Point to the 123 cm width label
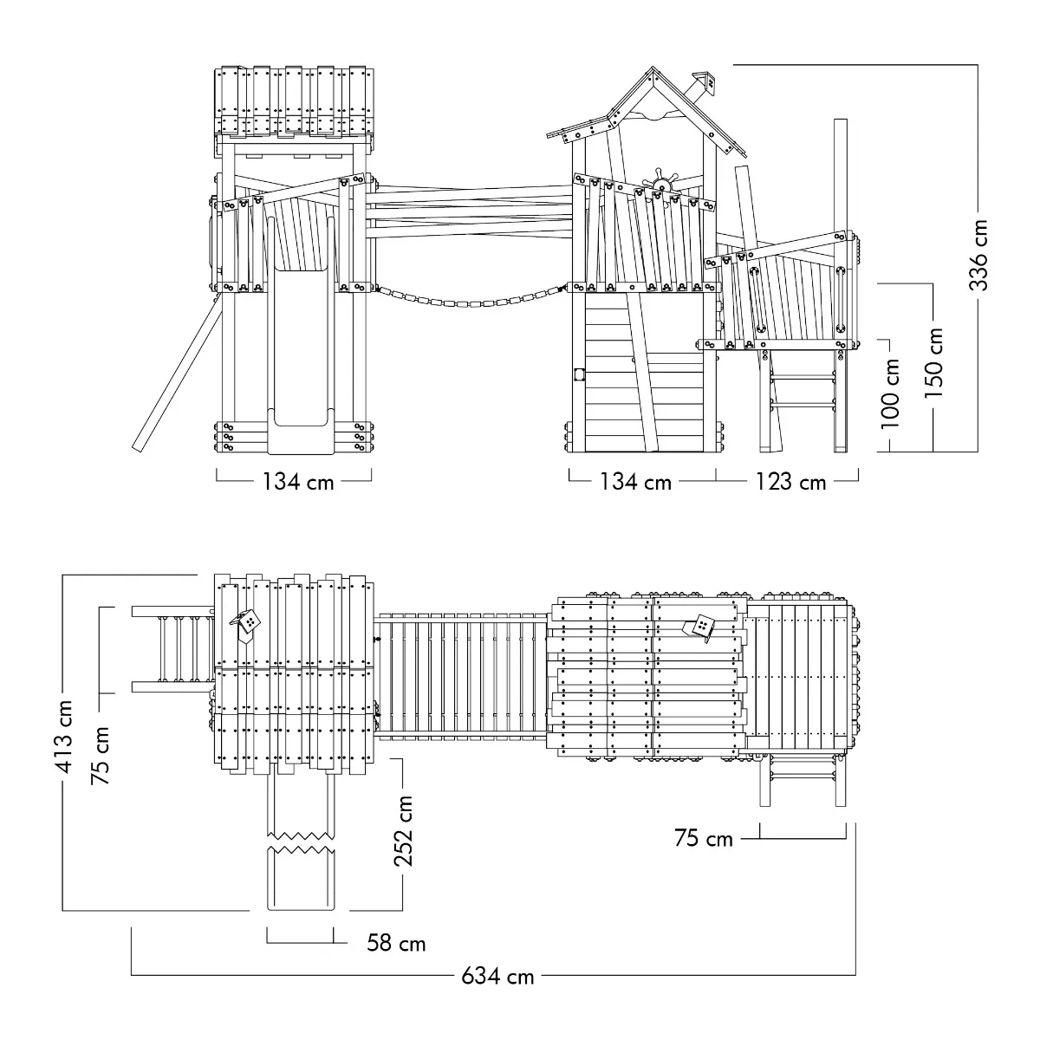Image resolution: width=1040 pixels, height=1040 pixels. (790, 482)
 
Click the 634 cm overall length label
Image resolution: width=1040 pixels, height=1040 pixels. (497, 976)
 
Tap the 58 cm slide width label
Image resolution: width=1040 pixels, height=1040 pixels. (396, 942)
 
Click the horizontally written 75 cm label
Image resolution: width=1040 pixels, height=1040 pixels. (704, 838)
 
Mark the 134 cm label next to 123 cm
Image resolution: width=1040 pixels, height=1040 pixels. (636, 482)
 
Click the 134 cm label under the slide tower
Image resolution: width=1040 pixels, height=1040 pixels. (298, 482)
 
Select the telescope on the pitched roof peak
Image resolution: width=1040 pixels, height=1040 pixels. (701, 84)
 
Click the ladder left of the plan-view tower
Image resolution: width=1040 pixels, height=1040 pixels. (173, 650)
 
